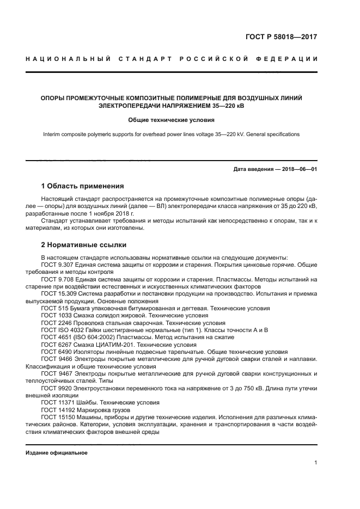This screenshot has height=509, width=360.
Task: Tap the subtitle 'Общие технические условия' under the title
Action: tap(172, 120)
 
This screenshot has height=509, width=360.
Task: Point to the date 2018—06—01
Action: tap(298, 169)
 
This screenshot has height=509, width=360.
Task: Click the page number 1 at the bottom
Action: tap(316, 463)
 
